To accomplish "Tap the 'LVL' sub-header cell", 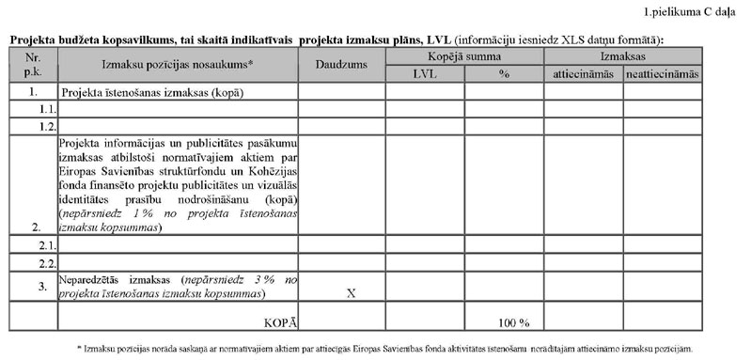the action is [424, 73].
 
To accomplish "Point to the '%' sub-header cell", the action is [504, 73].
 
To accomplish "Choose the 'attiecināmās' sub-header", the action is [583, 73].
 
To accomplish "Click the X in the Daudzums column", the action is [351, 293].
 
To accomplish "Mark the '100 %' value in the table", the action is [514, 322].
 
